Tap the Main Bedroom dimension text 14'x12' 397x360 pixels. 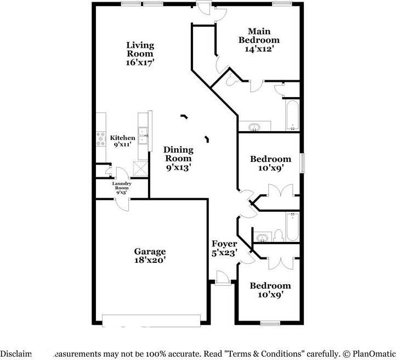[259, 49]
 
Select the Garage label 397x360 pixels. [150, 251]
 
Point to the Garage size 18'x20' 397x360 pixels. [150, 260]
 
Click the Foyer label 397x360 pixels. [225, 244]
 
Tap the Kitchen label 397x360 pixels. [122, 138]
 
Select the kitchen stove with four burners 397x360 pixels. [101, 139]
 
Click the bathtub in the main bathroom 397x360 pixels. [292, 115]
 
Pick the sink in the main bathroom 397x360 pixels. [254, 127]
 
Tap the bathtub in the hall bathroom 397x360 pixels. [292, 227]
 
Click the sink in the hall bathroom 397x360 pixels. [264, 238]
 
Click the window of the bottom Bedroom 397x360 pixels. [270, 324]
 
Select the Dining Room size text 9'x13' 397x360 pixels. [179, 168]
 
